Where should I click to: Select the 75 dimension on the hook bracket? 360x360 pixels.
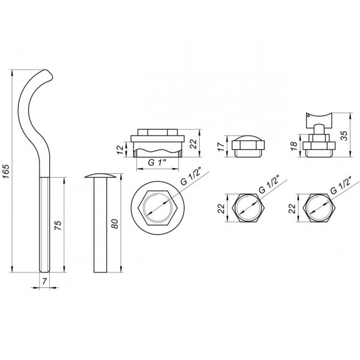(x=58, y=226)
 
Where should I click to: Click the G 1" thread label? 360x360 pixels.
(x=157, y=162)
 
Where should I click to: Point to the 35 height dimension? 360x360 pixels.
(x=344, y=135)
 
